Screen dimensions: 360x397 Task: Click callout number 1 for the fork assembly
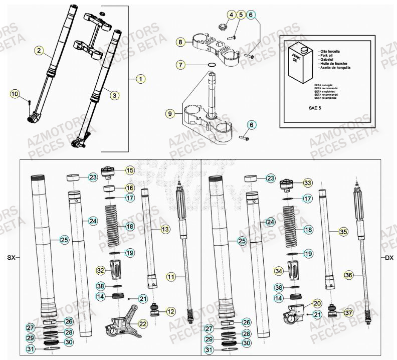141,79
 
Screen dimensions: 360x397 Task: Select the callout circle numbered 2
38,50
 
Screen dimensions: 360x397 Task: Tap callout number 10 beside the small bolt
15,94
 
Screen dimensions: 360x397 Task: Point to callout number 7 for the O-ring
181,65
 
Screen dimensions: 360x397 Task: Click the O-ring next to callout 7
212,65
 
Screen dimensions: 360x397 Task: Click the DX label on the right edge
389,258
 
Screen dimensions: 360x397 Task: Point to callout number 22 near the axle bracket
143,324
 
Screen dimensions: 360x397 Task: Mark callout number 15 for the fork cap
130,170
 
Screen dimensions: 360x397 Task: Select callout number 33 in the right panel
307,183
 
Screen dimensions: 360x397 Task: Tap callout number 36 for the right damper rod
348,275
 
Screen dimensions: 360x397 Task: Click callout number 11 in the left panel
171,277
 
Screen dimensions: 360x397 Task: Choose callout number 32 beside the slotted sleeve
101,271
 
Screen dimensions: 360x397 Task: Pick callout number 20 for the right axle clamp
316,303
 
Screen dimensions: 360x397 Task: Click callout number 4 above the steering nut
231,15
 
